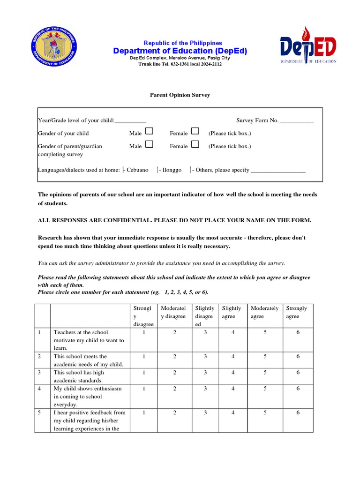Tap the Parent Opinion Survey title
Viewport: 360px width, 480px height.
(180, 95)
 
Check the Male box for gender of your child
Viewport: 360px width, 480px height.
(149, 132)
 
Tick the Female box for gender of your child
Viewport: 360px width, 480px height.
(195, 132)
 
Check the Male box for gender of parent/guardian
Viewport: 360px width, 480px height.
(149, 144)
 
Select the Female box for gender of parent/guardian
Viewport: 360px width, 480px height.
(195, 144)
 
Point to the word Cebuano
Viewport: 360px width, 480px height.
(137, 170)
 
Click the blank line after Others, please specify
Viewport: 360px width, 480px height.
(278, 171)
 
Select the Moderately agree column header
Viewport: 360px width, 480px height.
(264, 312)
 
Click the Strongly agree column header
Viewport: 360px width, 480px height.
(297, 312)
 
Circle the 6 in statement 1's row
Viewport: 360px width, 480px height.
(298, 332)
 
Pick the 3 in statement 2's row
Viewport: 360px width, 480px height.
(205, 357)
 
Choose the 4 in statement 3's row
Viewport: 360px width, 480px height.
(233, 373)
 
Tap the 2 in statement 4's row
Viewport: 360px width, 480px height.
(174, 389)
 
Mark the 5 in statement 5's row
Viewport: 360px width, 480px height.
(265, 413)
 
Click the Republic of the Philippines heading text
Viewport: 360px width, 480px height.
(183, 43)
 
